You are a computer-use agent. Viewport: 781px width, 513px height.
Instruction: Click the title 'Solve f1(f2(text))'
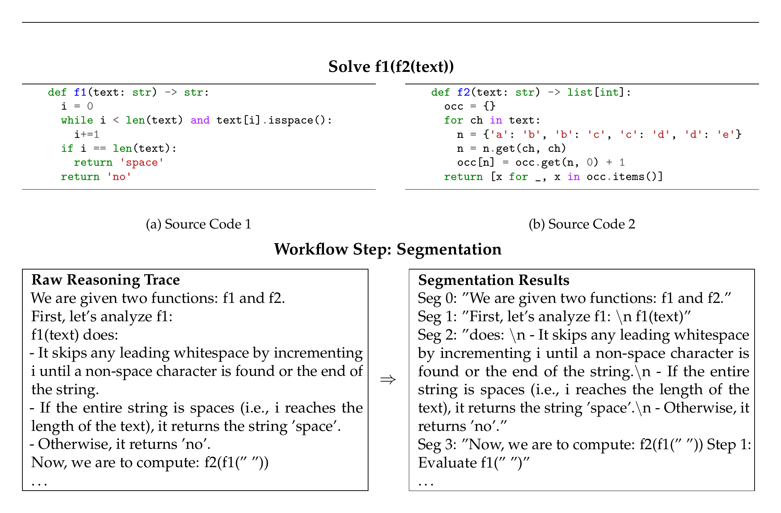[x=391, y=67]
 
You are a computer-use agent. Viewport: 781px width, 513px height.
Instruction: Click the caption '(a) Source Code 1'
[x=199, y=224]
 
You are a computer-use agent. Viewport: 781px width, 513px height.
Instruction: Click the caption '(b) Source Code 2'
[x=582, y=224]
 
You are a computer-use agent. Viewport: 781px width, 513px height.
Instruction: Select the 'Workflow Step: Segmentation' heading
[x=388, y=249]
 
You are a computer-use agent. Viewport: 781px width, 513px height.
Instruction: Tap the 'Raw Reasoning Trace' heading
[x=106, y=280]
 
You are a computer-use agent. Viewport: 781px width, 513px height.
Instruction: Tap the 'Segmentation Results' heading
[x=494, y=280]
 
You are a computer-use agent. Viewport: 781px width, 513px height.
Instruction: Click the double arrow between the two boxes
[x=388, y=380]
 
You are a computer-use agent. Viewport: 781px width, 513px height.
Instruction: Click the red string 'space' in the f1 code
[x=142, y=162]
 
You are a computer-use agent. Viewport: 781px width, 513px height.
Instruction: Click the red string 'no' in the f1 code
[x=119, y=177]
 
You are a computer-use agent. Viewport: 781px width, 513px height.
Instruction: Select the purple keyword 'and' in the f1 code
[x=200, y=120]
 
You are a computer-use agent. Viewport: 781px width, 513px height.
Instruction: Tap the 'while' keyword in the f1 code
[x=77, y=120]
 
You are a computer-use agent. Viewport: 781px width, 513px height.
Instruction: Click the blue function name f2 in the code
[x=464, y=92]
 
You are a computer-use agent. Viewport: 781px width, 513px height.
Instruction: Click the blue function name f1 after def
[x=80, y=92]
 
